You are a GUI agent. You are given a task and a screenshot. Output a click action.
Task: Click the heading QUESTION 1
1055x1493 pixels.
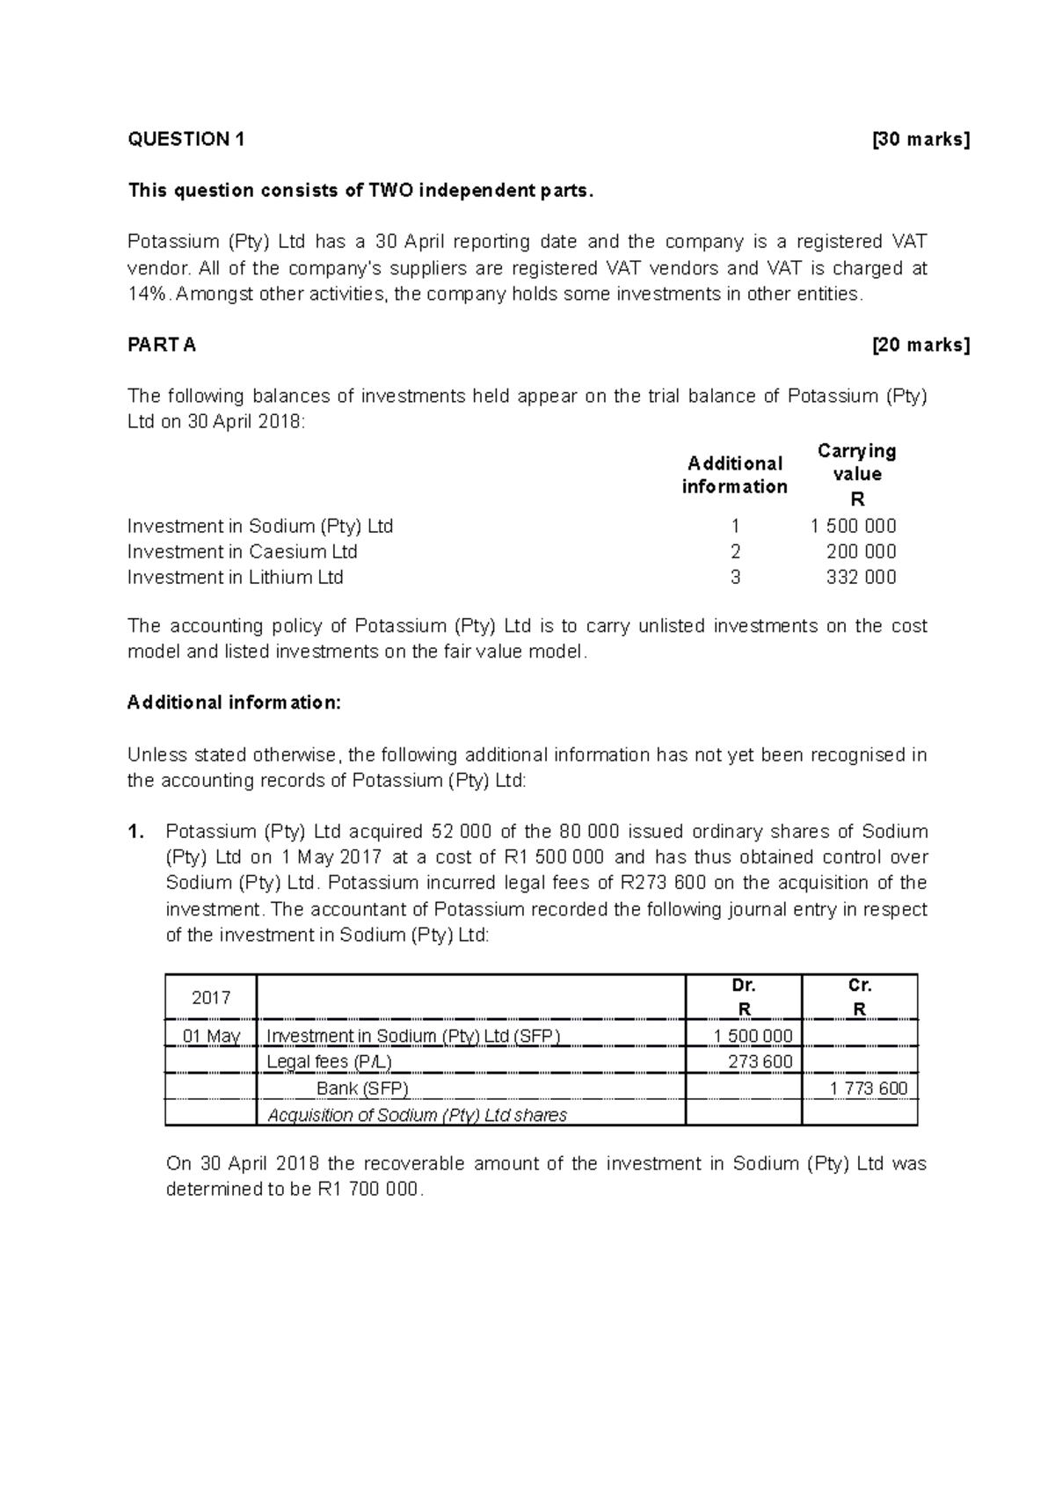pos(186,139)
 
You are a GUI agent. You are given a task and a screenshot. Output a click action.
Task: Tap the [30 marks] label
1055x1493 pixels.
pos(920,139)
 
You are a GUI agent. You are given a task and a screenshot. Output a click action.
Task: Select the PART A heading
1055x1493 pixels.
pos(162,345)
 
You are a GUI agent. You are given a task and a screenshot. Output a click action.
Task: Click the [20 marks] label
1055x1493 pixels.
pos(920,345)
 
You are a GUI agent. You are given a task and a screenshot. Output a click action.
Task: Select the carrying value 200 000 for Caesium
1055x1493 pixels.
pos(861,552)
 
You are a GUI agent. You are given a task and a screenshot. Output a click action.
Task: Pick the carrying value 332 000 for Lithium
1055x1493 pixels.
pos(861,578)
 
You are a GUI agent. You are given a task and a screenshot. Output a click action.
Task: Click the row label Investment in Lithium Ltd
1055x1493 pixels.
pos(235,578)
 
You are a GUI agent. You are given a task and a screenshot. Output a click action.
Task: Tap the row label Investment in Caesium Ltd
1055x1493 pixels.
pos(242,552)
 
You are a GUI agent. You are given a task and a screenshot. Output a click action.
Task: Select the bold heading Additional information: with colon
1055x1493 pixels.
pos(233,703)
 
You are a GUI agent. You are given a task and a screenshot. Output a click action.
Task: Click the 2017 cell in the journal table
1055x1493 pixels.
pos(211,998)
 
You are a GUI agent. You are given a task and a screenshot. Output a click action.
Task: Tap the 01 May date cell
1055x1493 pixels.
pos(211,1037)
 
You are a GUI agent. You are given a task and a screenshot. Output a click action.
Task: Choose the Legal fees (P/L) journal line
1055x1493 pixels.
pos(329,1062)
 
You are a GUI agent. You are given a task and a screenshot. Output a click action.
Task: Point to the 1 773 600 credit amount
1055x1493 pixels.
pos(869,1089)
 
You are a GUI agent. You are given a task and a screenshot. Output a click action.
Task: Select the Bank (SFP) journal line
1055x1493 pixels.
pos(362,1089)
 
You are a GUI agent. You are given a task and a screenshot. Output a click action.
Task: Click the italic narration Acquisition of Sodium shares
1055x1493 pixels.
pos(417,1115)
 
